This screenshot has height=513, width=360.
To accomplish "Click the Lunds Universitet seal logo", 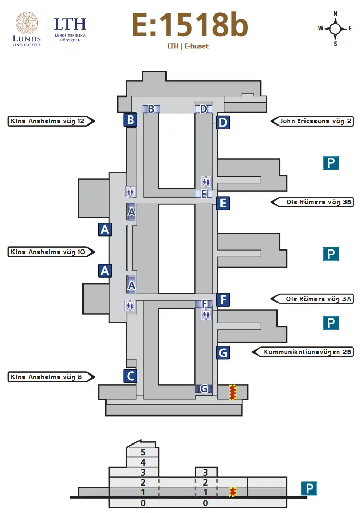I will click(26, 25).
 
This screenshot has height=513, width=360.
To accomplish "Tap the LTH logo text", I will click(70, 23).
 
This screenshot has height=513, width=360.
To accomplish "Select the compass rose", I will click(335, 28).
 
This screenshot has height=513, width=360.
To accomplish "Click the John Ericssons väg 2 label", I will click(313, 121).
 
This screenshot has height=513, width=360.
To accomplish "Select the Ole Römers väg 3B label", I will click(313, 202).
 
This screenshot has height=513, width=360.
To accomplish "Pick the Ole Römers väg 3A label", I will click(313, 299).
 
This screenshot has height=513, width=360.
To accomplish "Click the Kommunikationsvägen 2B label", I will click(303, 352).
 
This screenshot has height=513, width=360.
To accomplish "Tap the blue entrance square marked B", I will click(130, 120).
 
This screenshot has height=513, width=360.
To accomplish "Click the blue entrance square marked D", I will click(223, 122).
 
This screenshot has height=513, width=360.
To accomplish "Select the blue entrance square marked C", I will click(130, 376).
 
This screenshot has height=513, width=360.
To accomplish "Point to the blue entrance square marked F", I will click(223, 299).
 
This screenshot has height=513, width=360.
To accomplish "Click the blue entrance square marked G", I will click(223, 353).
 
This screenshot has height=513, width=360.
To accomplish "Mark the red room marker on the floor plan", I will click(233, 393).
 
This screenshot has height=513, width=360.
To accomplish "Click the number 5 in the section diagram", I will click(143, 452).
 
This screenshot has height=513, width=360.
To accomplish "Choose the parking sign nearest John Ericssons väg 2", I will click(330, 163).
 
